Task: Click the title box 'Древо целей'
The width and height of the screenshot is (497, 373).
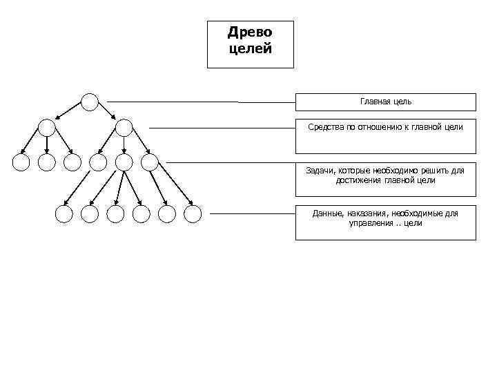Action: (250, 44)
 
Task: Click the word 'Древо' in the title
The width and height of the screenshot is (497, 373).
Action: (250, 33)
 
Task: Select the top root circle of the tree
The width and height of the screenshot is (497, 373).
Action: (90, 102)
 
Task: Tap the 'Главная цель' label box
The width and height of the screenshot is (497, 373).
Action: (385, 102)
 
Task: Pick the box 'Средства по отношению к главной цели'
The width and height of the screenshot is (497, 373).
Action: (385, 136)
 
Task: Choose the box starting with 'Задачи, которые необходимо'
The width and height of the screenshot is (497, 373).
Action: (385, 180)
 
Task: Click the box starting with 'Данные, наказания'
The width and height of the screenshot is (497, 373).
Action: (385, 222)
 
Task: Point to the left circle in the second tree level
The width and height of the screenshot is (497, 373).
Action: (46, 127)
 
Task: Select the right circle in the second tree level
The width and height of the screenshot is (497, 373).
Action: (124, 127)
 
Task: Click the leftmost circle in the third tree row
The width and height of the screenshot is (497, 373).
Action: (21, 162)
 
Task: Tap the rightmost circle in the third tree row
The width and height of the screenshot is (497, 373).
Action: (149, 162)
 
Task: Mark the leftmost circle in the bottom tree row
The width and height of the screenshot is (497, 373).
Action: (64, 214)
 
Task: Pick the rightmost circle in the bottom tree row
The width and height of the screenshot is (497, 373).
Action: (193, 214)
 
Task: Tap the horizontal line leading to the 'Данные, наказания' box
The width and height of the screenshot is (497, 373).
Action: (252, 214)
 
